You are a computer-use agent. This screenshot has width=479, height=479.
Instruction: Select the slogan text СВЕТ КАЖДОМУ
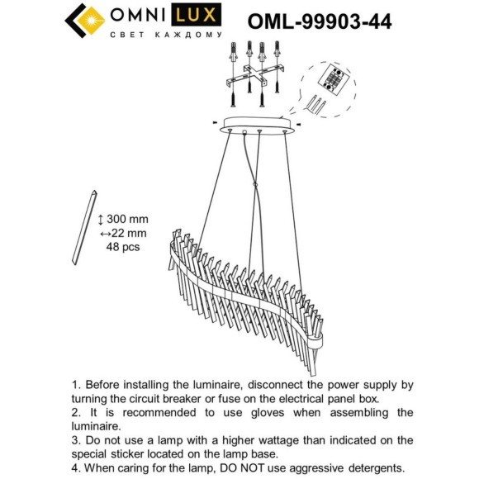pyautogui.click(x=165, y=35)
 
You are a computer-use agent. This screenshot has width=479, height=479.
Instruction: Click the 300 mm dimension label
pyautogui.click(x=128, y=219)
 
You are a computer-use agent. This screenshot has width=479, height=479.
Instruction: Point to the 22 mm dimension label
pyautogui.click(x=128, y=233)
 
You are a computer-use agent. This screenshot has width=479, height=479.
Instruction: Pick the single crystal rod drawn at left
pyautogui.click(x=81, y=228)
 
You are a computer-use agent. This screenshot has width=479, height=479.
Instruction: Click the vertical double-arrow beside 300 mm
pyautogui.click(x=101, y=219)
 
